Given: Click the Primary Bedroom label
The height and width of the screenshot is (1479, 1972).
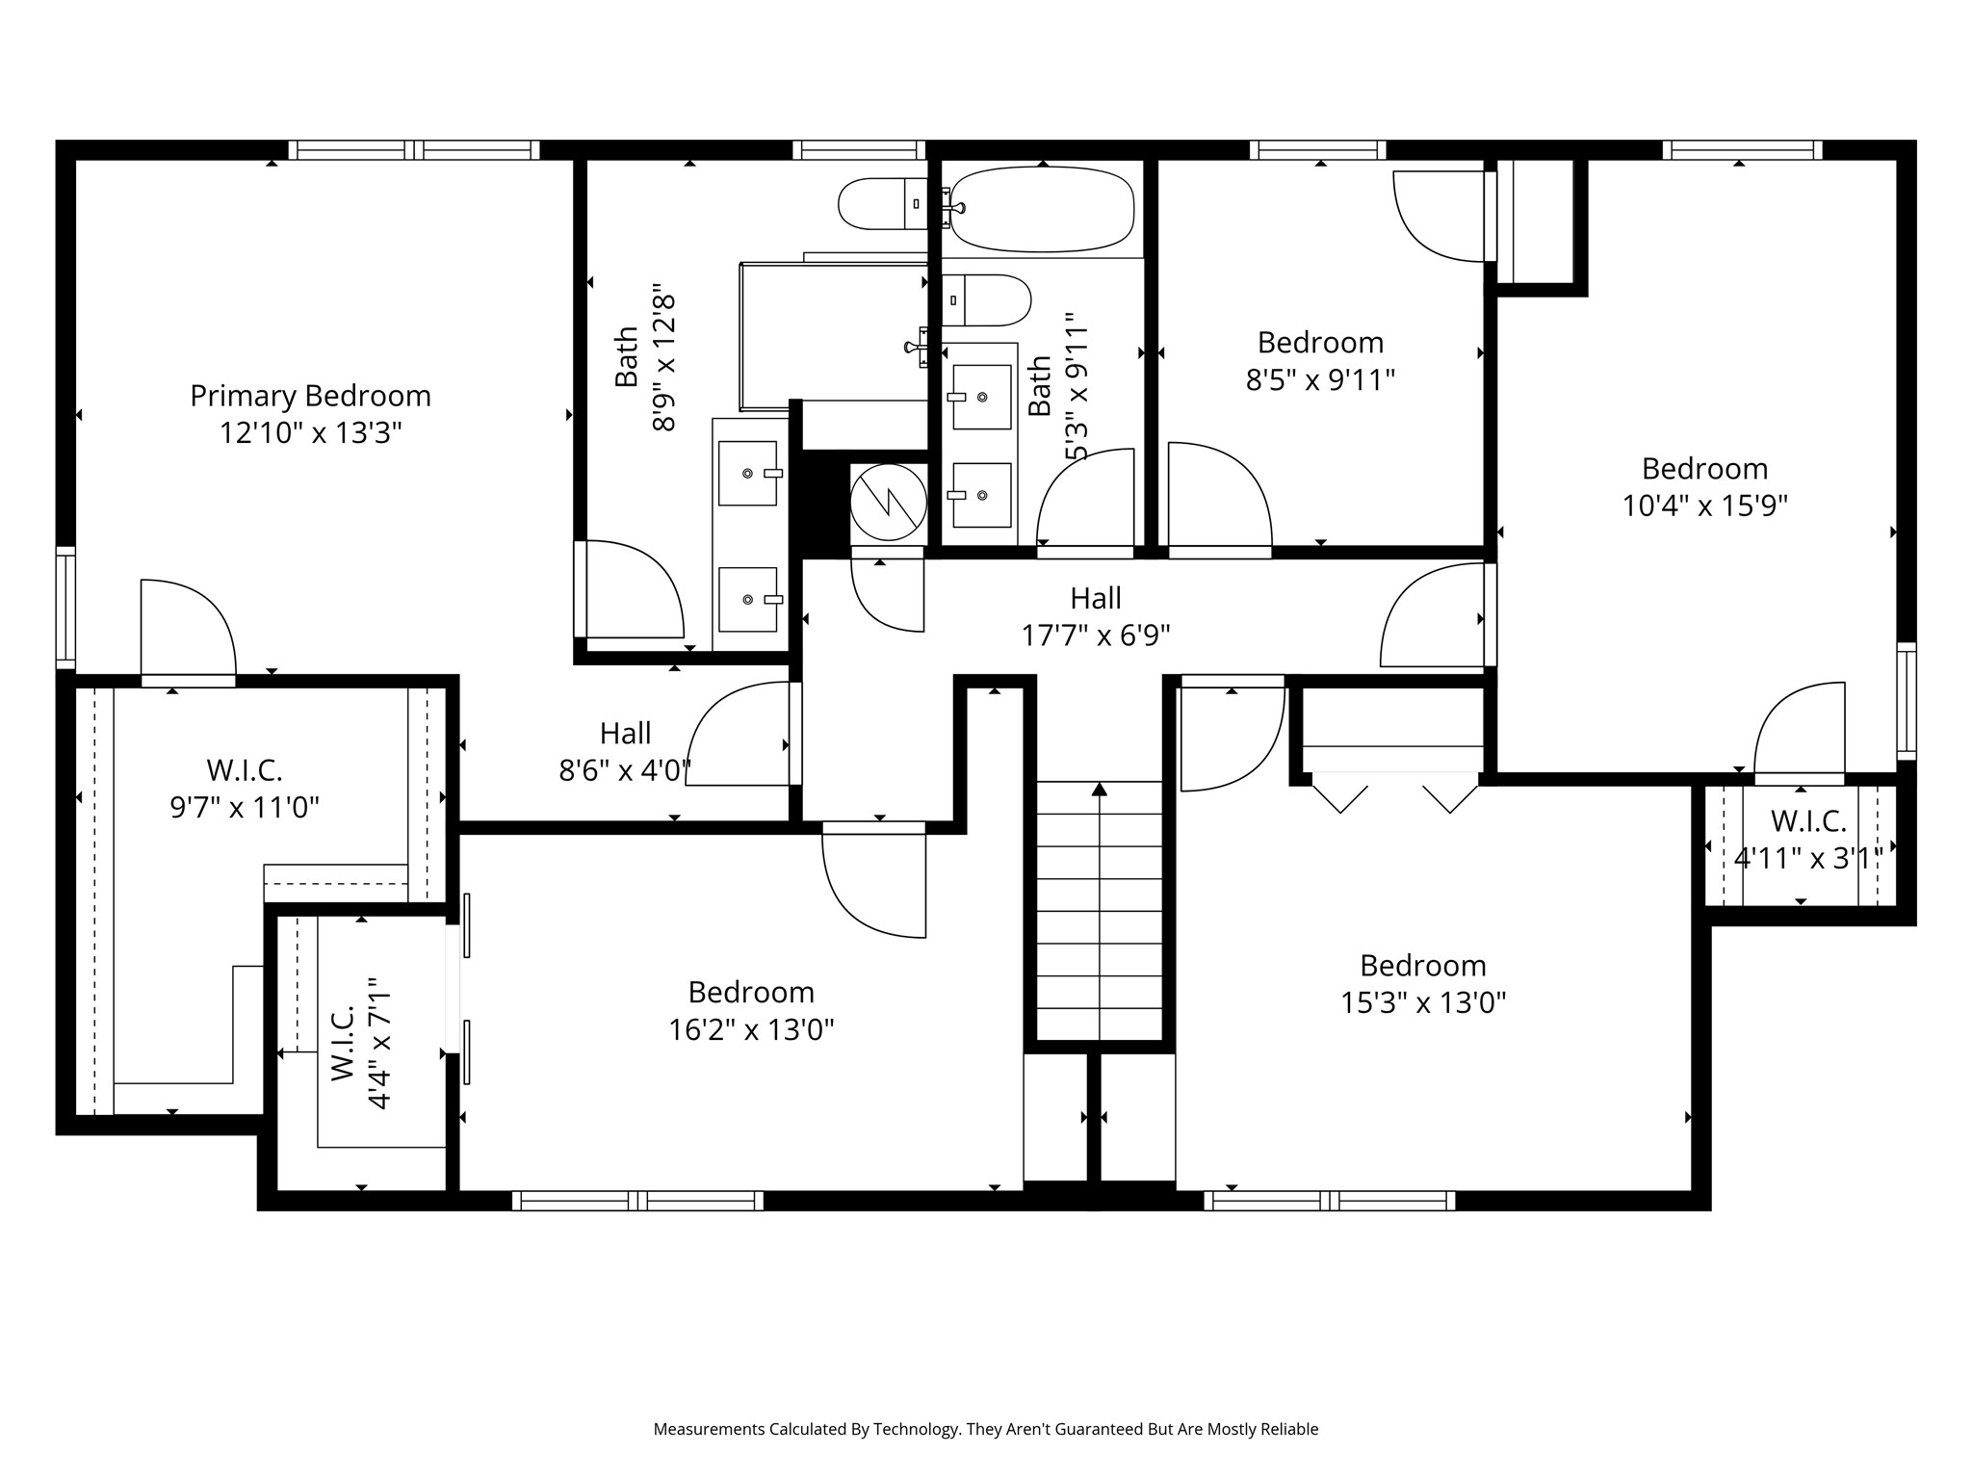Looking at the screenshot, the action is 310,396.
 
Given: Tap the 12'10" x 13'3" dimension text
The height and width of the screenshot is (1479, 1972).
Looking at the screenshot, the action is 310,433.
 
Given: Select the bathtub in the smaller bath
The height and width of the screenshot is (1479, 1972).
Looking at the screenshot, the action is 1042,210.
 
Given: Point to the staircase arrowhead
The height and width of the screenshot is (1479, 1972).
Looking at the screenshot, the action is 1099,790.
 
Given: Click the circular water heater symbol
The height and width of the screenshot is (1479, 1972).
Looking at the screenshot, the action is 888,502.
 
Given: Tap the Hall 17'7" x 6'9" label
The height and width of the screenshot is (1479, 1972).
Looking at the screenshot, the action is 1096,616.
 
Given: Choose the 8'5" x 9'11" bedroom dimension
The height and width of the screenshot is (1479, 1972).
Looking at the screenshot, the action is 1320,380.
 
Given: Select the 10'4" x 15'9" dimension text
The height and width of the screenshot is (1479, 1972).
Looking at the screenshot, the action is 1704,506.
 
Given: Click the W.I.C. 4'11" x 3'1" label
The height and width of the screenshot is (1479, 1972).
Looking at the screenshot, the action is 1808,840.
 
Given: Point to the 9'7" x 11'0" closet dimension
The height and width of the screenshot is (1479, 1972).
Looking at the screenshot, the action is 245,807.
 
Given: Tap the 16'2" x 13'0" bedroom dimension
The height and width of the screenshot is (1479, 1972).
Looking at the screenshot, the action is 751,1030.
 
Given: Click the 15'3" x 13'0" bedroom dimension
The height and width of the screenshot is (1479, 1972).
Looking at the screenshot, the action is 1423,1003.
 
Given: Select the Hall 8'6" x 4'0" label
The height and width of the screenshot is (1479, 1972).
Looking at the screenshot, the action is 625,752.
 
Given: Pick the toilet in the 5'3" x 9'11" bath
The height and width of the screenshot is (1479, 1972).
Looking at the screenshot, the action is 986,300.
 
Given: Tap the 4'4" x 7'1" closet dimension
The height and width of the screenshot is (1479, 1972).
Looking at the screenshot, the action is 378,1043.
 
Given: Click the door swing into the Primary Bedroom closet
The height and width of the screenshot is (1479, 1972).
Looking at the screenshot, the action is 189,631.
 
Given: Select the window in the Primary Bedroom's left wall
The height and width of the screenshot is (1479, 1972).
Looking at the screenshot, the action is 65,607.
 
